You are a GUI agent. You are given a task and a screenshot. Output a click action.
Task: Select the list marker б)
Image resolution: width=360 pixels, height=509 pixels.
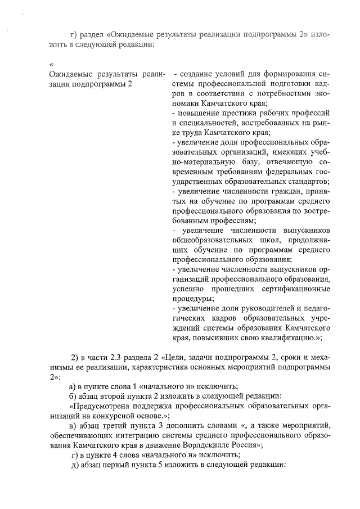(x=72, y=395)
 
